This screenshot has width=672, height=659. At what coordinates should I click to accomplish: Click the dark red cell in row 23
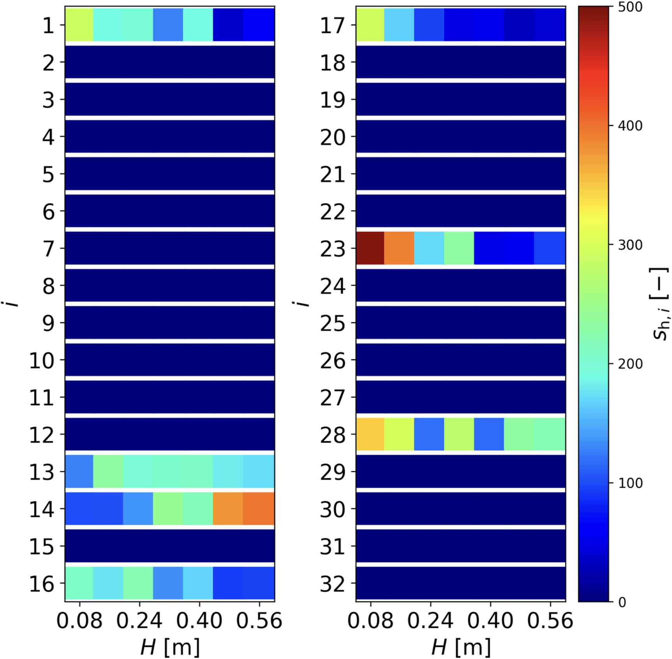point(370,248)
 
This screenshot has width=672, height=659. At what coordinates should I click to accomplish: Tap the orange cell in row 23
point(399,248)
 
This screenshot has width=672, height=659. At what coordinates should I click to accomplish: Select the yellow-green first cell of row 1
point(79,25)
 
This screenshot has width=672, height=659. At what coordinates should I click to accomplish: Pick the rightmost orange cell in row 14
point(259,509)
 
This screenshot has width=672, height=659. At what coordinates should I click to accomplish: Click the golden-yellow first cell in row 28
point(370,434)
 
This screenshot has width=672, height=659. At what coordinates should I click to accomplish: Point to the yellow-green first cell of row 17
point(370,25)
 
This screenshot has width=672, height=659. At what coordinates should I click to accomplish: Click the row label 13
point(42,472)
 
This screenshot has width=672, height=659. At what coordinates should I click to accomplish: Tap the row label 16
point(42,583)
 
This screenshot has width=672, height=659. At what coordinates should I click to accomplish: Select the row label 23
point(333,249)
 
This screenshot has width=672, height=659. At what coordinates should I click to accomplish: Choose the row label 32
point(333,583)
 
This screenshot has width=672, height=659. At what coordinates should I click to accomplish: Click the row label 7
point(48,249)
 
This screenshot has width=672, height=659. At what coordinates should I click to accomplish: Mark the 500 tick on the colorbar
point(630,7)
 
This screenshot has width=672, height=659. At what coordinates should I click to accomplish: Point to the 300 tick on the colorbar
point(630,245)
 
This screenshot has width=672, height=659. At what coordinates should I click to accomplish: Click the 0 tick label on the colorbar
point(622,602)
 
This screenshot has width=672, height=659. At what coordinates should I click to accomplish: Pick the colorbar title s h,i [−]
point(660,304)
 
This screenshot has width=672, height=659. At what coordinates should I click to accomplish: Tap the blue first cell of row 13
point(79,471)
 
